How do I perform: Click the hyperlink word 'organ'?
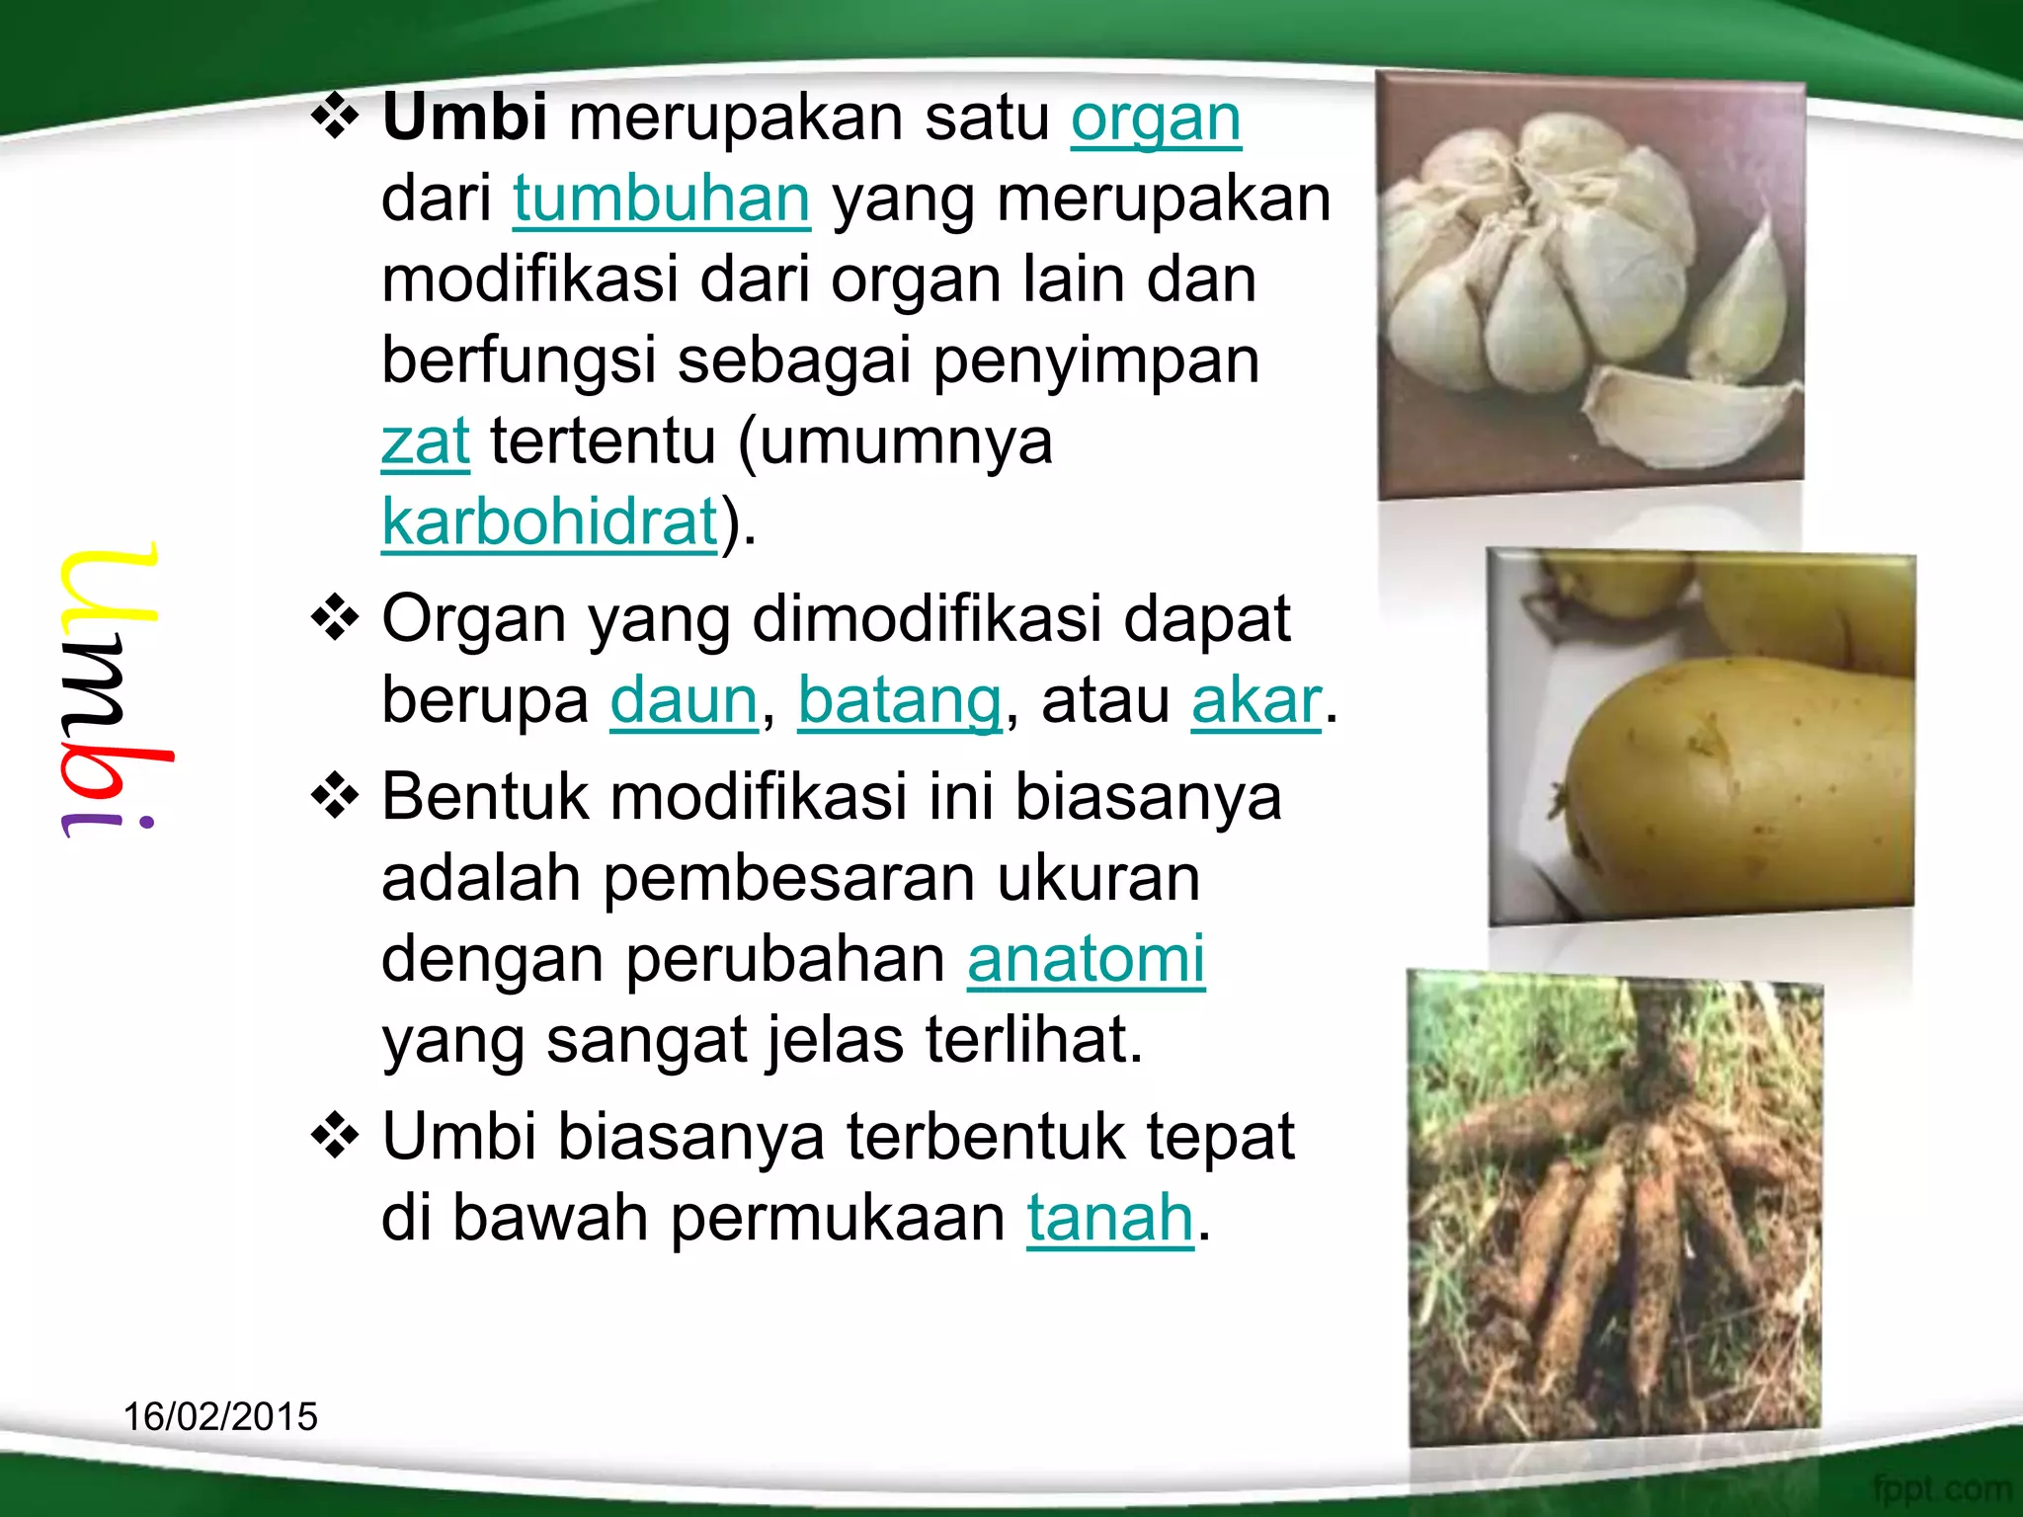[x=1156, y=120]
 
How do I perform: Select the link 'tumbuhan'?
[x=661, y=200]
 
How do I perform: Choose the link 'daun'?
[x=684, y=700]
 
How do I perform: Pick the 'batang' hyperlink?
[x=900, y=700]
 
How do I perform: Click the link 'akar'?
[x=1255, y=700]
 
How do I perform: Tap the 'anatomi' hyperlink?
[x=1086, y=959]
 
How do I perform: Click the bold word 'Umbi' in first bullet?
[x=464, y=118]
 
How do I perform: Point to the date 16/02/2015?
[x=220, y=1416]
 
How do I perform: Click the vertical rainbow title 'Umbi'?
[x=111, y=691]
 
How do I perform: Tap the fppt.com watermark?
[x=1940, y=1487]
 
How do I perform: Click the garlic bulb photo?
[x=1590, y=284]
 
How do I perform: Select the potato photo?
[x=1701, y=736]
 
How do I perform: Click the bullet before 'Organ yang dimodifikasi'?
[x=336, y=619]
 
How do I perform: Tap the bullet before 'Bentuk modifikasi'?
[x=336, y=797]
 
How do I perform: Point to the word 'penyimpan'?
[x=1096, y=360]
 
